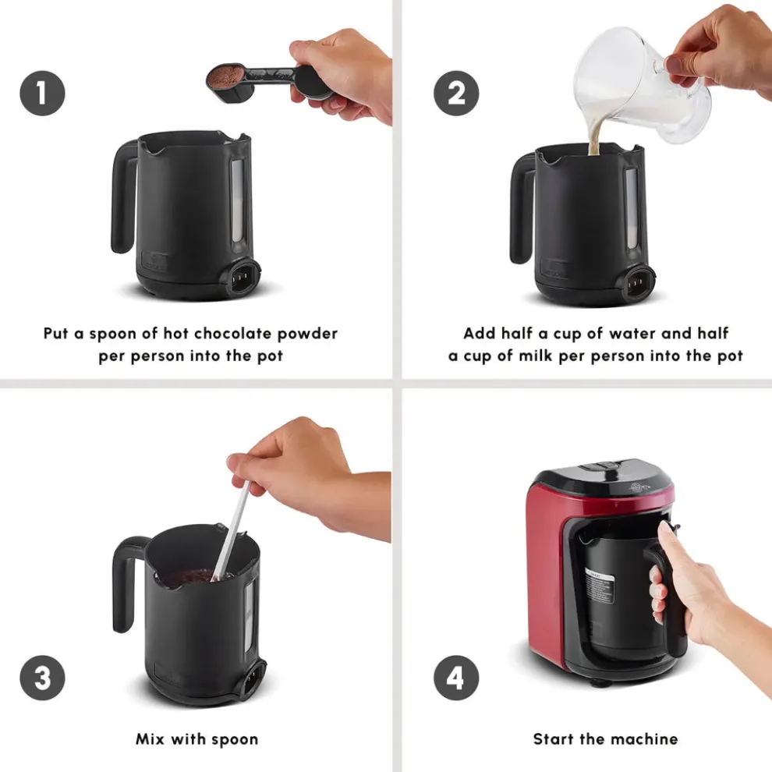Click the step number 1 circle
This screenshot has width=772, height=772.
click(42, 93)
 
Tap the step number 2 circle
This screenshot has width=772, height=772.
click(456, 93)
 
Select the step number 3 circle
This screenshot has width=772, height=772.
click(42, 678)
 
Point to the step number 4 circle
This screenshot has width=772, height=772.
click(456, 678)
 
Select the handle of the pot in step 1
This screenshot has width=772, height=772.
click(123, 195)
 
